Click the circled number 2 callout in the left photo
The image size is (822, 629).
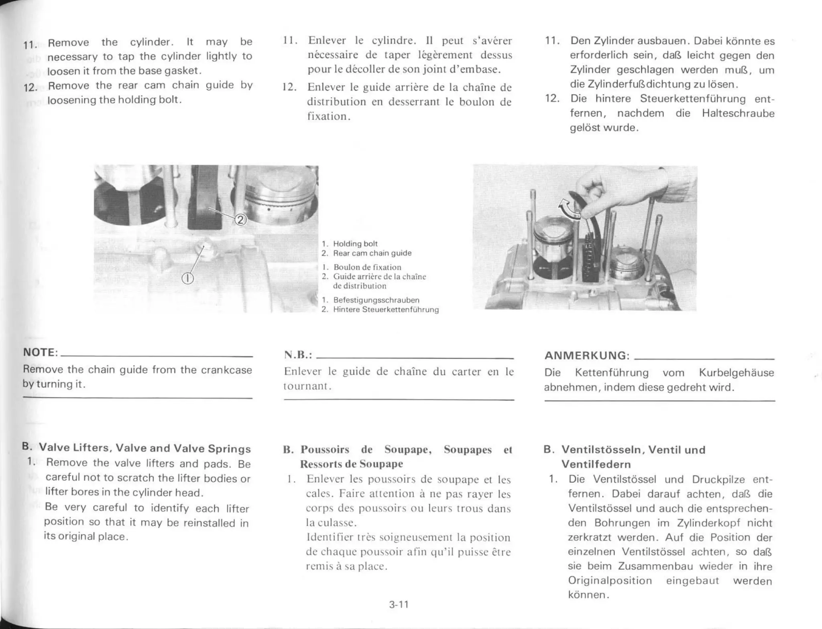click(240, 220)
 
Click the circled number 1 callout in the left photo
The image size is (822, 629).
click(188, 278)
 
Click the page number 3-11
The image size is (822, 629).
click(399, 605)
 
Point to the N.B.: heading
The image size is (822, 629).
click(298, 355)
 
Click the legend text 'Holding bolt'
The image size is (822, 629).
click(355, 244)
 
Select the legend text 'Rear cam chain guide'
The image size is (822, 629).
click(372, 253)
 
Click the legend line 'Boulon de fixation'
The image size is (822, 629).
click(367, 267)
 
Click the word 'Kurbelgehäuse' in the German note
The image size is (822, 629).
click(736, 373)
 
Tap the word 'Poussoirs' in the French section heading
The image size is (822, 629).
click(325, 449)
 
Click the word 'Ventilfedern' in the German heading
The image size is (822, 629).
click(596, 464)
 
